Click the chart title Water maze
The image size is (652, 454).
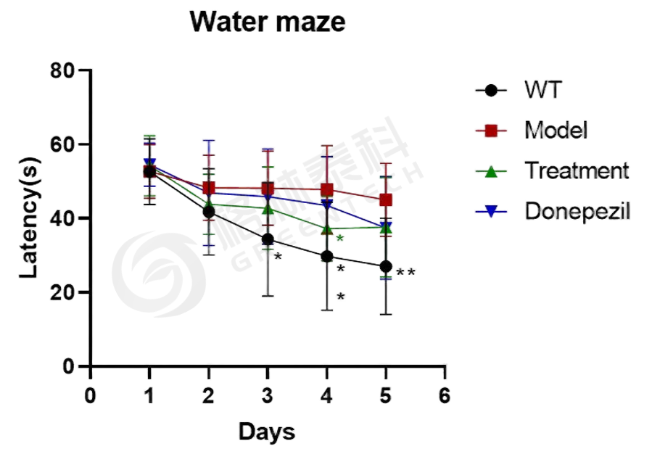click(267, 22)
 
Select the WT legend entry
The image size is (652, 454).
click(544, 91)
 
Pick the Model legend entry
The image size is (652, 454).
click(556, 131)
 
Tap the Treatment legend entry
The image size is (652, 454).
click(577, 171)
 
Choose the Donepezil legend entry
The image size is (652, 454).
click(578, 211)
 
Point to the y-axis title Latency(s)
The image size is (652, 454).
click(27, 219)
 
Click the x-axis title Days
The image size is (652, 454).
click(267, 432)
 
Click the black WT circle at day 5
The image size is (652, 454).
click(386, 266)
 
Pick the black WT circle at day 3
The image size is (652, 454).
click(268, 239)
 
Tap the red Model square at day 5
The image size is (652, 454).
click(386, 199)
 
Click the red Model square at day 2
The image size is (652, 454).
click(209, 188)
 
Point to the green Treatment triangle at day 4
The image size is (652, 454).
click(327, 229)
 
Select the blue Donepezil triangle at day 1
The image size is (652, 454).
click(149, 164)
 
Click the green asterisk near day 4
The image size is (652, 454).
click(339, 239)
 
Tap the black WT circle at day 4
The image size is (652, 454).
click(327, 256)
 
